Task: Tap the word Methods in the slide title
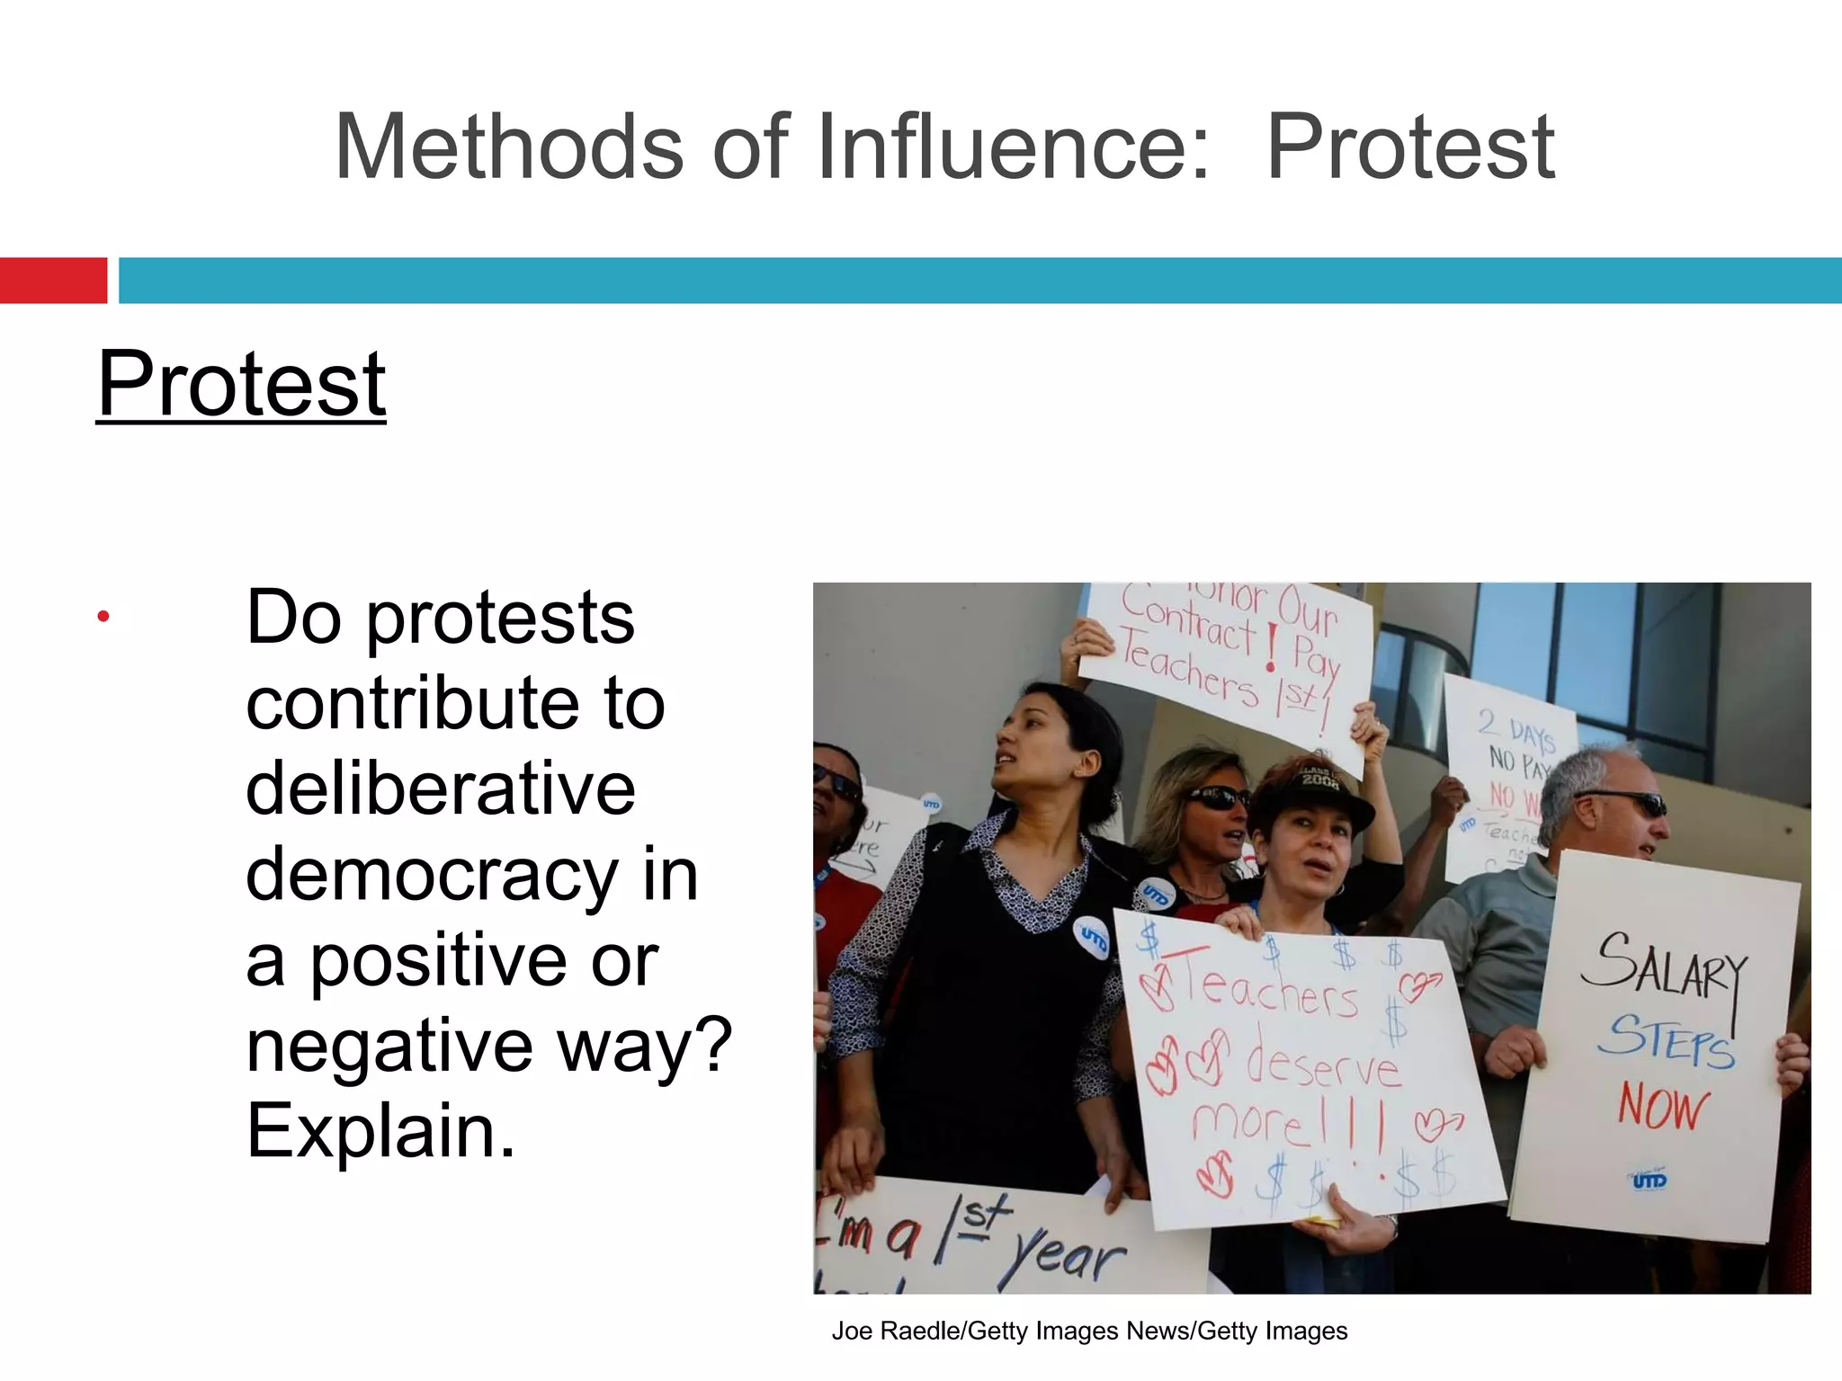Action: point(509,147)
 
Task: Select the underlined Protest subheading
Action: point(241,384)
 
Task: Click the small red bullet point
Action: point(103,617)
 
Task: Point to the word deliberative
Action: point(441,789)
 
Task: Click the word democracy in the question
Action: point(432,874)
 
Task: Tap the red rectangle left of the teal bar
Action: point(53,281)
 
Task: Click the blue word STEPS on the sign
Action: point(1667,1041)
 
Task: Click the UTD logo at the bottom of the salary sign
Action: point(1650,1180)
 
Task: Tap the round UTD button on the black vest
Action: point(1093,938)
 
